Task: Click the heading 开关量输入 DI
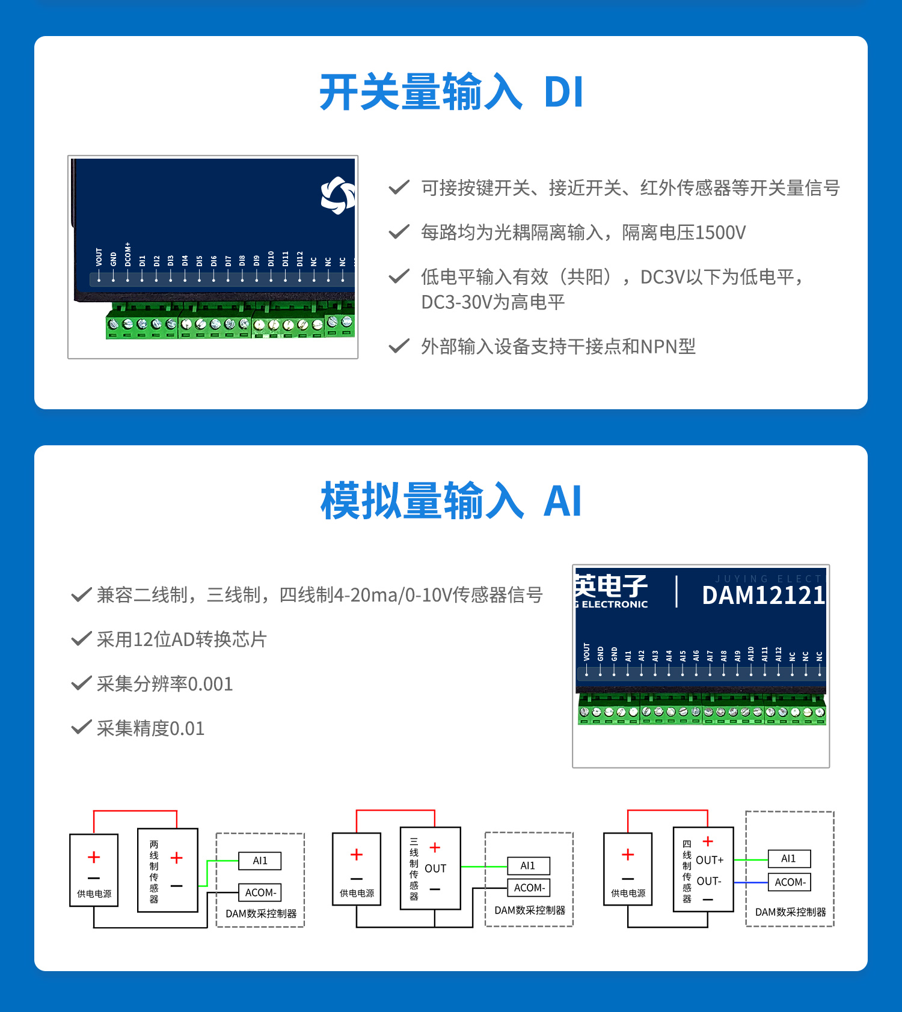pos(451,92)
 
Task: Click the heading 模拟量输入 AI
pos(451,501)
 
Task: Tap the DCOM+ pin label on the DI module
pos(127,254)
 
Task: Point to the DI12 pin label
pos(299,259)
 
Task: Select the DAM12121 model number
pos(764,595)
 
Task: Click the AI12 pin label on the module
pos(778,654)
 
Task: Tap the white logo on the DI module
pos(338,195)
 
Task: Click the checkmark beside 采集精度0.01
pos(81,727)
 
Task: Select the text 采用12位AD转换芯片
pos(182,639)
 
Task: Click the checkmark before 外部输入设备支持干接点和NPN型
pos(399,346)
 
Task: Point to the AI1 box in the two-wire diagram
pos(260,861)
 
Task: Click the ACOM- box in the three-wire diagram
pos(529,888)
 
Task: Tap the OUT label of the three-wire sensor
pos(435,868)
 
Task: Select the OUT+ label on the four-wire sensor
pos(710,860)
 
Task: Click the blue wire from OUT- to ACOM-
pos(751,882)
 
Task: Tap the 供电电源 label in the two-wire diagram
pos(94,894)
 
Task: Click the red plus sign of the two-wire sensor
pos(176,858)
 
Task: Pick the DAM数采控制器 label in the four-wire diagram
pos(790,912)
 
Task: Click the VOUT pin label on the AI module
pos(587,652)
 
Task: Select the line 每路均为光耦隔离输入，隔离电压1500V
pos(583,233)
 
